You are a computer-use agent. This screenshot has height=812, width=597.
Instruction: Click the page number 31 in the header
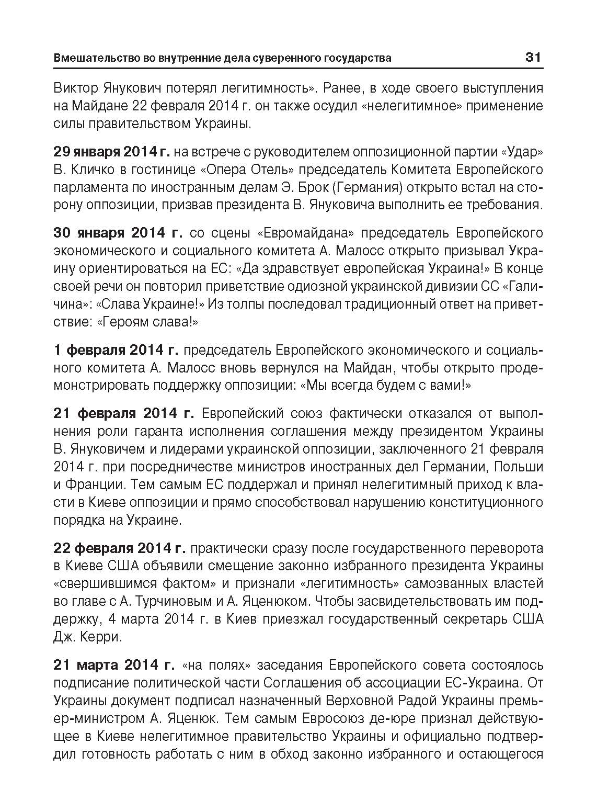pos(533,57)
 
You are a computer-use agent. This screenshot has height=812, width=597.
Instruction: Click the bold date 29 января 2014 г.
pos(112,152)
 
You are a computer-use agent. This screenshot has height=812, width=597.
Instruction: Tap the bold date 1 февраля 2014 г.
pos(116,349)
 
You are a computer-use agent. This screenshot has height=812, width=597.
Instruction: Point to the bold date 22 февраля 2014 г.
pos(120,548)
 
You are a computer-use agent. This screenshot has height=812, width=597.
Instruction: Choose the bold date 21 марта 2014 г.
pos(114,665)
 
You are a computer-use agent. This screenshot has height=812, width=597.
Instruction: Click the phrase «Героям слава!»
pos(148,322)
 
